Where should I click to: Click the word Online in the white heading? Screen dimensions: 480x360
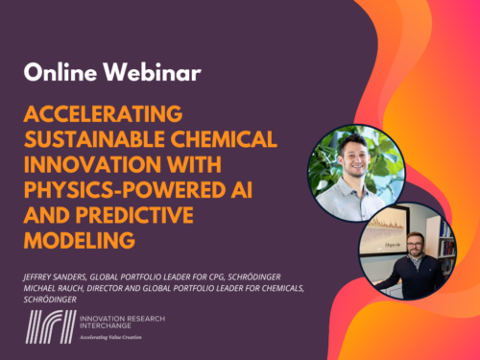(60, 72)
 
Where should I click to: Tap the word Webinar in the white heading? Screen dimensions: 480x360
(153, 72)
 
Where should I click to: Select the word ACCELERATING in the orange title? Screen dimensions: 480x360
(103, 114)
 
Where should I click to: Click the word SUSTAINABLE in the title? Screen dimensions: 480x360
(94, 139)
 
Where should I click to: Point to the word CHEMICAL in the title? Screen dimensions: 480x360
(224, 139)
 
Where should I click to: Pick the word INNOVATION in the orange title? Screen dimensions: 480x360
(93, 164)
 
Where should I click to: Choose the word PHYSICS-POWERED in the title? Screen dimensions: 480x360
(125, 190)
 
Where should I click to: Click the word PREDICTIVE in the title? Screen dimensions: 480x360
(134, 215)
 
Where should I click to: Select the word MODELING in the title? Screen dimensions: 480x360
(80, 240)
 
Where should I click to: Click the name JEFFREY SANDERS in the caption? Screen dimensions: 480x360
(55, 277)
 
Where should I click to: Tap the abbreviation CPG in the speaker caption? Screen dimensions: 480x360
(217, 277)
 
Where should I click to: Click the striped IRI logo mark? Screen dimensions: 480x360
(51, 326)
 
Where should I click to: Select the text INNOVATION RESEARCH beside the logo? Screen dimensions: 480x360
(123, 319)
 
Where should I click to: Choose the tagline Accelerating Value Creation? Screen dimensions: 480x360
(110, 337)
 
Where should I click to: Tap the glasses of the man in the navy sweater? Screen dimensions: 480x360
(416, 245)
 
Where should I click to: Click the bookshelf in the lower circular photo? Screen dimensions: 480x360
(445, 243)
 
